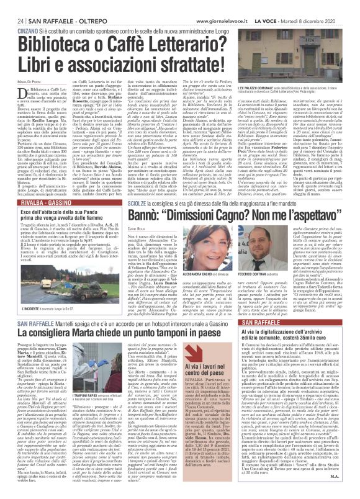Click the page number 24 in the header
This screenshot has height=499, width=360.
tap(12, 6)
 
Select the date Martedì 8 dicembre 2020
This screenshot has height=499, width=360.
tap(328, 6)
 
